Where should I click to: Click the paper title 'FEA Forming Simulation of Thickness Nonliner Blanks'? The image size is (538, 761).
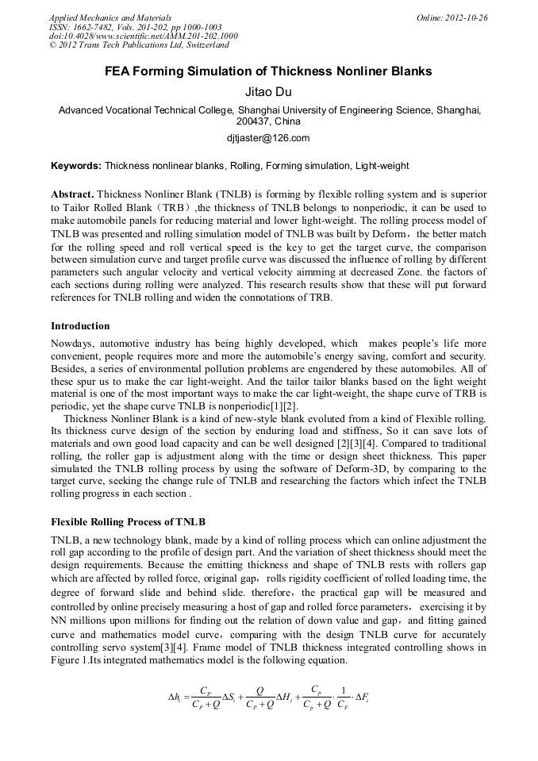pyautogui.click(x=269, y=71)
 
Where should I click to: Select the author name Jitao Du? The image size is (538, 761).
pyautogui.click(x=269, y=92)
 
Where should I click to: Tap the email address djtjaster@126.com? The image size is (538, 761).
pyautogui.click(x=268, y=137)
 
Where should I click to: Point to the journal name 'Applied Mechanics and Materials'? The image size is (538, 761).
pyautogui.click(x=110, y=17)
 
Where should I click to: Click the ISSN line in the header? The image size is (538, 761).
pyautogui.click(x=136, y=27)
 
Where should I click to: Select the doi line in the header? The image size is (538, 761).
pyautogui.click(x=143, y=37)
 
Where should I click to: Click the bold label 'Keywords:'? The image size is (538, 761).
pyautogui.click(x=76, y=166)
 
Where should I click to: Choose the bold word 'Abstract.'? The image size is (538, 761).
pyautogui.click(x=72, y=194)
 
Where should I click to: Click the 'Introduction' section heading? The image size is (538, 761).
pyautogui.click(x=80, y=326)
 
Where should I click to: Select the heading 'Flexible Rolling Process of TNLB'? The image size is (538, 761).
pyautogui.click(x=128, y=521)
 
